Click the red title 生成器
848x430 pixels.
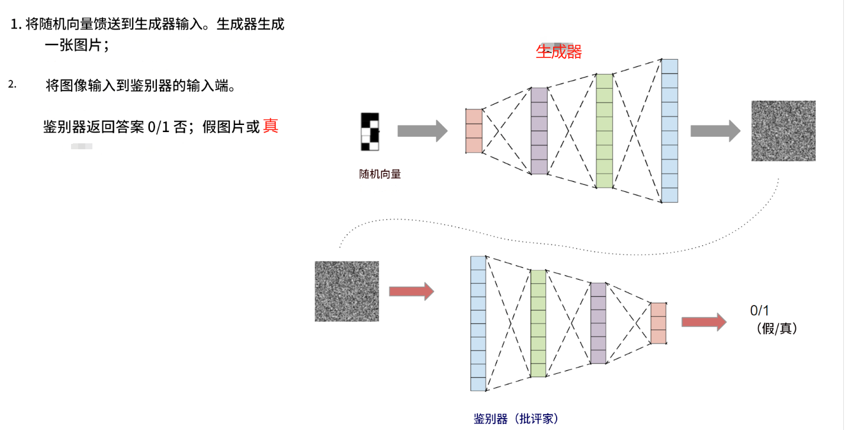point(558,52)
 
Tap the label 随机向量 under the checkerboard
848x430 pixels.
point(380,174)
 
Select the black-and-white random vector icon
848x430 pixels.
point(370,131)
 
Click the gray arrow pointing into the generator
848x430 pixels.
point(422,131)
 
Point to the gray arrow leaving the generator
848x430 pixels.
point(715,131)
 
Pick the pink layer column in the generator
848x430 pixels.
point(474,131)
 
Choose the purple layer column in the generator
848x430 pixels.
point(539,131)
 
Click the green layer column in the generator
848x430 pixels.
point(603,131)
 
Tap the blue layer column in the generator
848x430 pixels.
point(669,131)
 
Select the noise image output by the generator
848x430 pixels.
point(783,131)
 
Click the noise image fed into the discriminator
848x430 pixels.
point(347,291)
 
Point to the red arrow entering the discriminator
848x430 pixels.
point(411,291)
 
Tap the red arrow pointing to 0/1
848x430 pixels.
point(704,322)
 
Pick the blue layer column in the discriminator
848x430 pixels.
point(478,323)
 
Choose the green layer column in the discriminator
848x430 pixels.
point(538,323)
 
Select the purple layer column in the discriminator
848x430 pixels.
point(598,323)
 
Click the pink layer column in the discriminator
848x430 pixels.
point(659,323)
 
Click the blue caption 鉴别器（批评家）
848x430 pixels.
point(516,419)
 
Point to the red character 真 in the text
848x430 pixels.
point(271,126)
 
